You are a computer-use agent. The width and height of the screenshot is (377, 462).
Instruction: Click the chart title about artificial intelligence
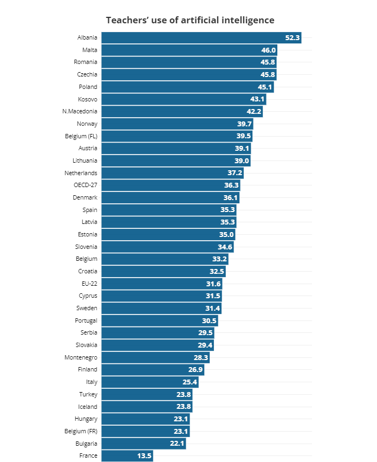click(190, 20)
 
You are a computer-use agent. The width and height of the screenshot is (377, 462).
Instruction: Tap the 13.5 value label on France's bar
click(144, 456)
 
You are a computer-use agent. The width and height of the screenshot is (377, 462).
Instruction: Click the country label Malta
click(89, 50)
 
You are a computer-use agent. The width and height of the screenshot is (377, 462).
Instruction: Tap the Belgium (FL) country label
click(81, 136)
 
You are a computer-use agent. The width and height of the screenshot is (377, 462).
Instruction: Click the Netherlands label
click(81, 173)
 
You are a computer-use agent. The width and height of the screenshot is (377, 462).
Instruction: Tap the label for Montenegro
click(81, 357)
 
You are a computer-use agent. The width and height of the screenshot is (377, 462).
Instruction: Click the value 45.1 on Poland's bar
click(265, 87)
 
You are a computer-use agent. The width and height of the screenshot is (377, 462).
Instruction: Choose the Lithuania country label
click(85, 161)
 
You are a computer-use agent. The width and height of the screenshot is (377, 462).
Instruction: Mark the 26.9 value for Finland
click(195, 370)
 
